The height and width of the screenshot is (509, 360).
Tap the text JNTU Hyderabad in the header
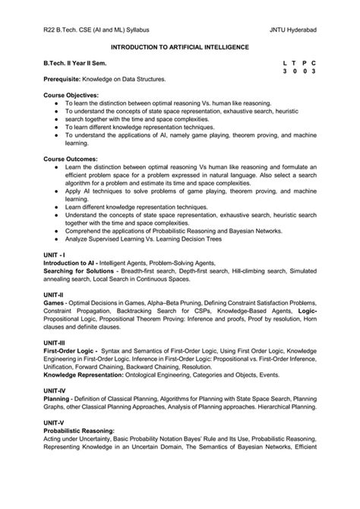292,30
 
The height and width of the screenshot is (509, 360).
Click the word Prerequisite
68,79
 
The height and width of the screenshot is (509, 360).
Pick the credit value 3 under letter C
313,70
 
